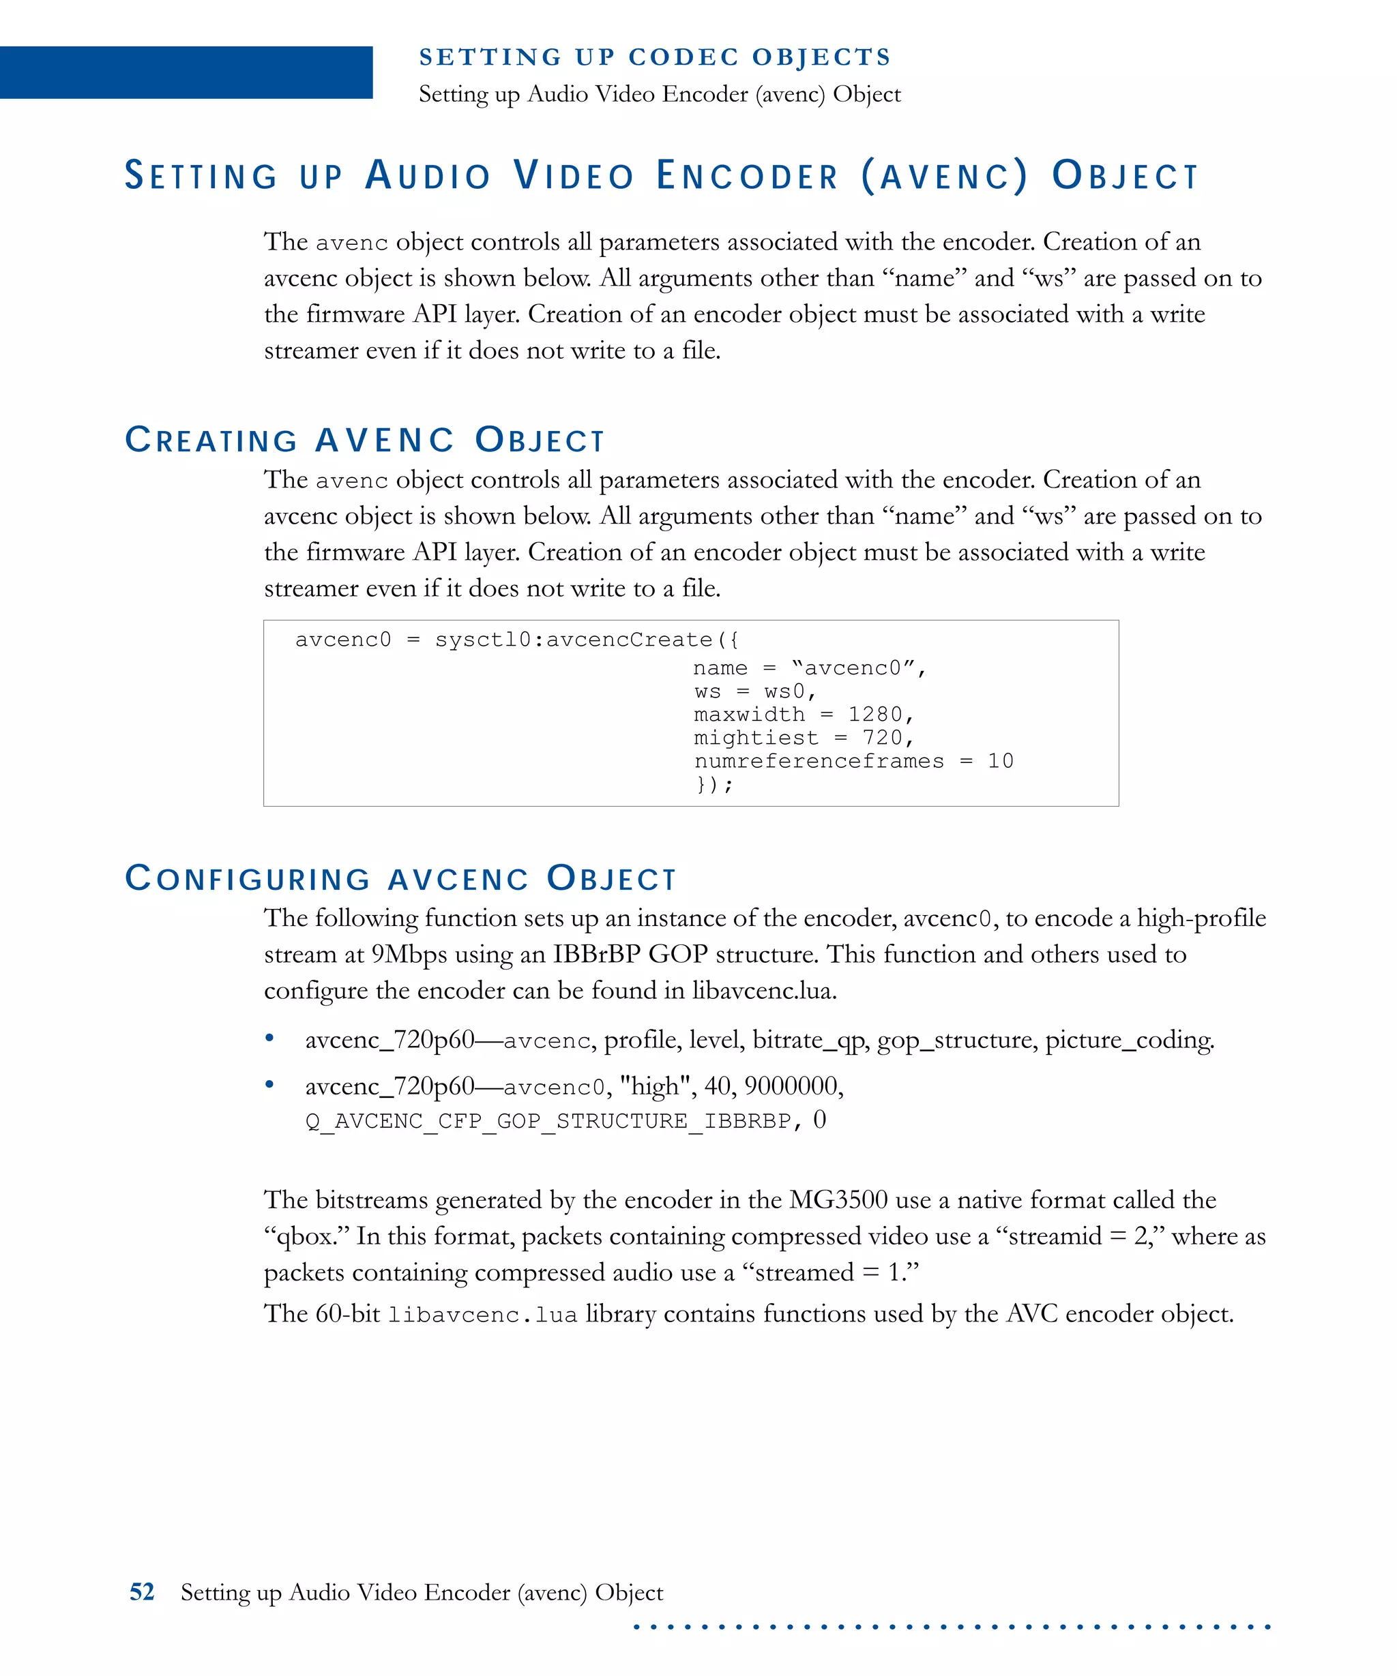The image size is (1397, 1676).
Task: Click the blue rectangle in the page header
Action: [186, 73]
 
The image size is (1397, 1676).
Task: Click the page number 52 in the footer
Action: [141, 1592]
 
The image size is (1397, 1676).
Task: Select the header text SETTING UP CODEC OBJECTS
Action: [655, 57]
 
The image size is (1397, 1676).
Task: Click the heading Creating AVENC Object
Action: [365, 440]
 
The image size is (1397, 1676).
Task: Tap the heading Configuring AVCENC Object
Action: [400, 878]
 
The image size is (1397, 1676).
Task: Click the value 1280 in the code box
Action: [875, 715]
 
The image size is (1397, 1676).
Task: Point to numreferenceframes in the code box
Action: [819, 760]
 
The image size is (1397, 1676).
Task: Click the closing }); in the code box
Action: [714, 785]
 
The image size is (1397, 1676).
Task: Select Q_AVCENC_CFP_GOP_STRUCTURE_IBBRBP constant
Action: [548, 1122]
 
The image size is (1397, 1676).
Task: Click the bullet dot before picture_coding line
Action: [270, 1038]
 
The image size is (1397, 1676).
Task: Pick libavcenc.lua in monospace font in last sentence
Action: [483, 1315]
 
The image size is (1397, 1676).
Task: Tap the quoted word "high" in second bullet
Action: [655, 1086]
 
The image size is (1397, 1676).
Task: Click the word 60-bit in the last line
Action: [347, 1314]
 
